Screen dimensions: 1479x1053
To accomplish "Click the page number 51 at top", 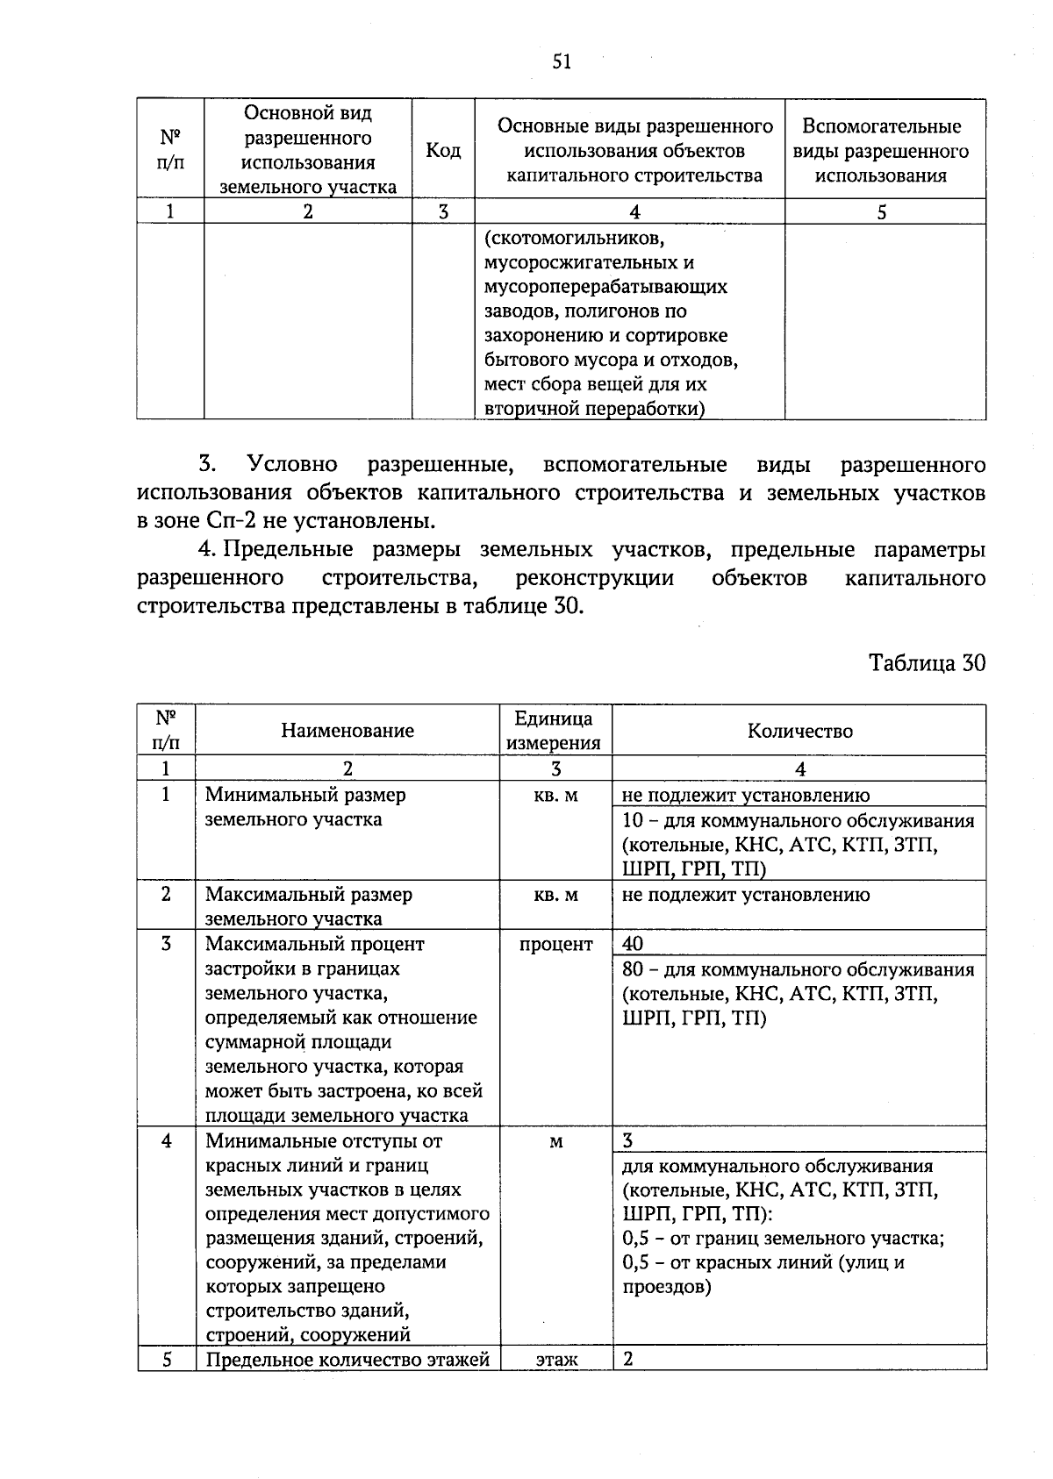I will [x=562, y=61].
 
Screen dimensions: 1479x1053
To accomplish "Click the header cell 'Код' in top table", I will [x=443, y=151].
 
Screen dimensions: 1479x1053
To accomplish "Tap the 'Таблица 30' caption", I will [x=927, y=663].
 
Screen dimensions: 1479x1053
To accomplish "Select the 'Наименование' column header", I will [x=347, y=731].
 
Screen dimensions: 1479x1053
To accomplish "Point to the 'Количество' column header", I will [x=799, y=731].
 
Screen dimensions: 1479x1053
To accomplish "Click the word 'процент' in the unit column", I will [x=556, y=945].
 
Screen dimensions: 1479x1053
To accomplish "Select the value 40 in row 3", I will [x=633, y=944].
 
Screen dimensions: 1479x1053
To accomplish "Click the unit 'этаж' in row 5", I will [x=556, y=1360].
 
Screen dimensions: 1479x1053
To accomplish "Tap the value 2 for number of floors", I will [x=628, y=1359].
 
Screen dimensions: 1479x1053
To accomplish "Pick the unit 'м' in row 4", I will [x=556, y=1142].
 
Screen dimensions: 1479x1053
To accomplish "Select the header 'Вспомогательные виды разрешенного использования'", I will [x=881, y=151].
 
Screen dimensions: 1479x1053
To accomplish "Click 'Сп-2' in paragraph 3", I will [x=231, y=521].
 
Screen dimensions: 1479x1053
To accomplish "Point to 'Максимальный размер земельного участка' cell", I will [x=309, y=906].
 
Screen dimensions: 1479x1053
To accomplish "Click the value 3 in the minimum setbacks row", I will [x=628, y=1140].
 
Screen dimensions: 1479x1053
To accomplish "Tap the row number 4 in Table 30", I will [x=166, y=1141].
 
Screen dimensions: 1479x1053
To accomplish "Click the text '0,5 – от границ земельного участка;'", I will [x=783, y=1240].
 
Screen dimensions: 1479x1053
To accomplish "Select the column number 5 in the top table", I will [x=882, y=211].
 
